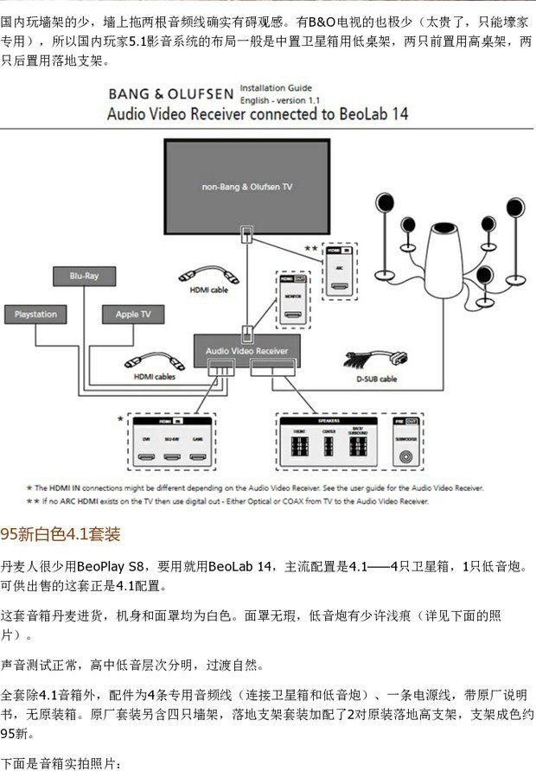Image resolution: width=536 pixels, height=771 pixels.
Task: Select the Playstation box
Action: pyautogui.click(x=35, y=314)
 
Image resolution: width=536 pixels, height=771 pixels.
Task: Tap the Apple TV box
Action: pyautogui.click(x=133, y=314)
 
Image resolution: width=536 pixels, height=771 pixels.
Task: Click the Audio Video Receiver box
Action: pyautogui.click(x=246, y=352)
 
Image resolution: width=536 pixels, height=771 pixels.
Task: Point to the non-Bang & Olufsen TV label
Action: pyautogui.click(x=247, y=186)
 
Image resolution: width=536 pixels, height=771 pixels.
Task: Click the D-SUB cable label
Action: pyautogui.click(x=376, y=379)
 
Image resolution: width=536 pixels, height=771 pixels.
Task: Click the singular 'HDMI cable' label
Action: pyautogui.click(x=208, y=290)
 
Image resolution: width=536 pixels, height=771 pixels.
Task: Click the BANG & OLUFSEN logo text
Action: pyautogui.click(x=169, y=94)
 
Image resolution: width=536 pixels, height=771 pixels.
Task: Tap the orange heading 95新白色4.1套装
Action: pyautogui.click(x=60, y=533)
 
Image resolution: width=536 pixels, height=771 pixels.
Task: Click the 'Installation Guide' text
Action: pyautogui.click(x=276, y=88)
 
